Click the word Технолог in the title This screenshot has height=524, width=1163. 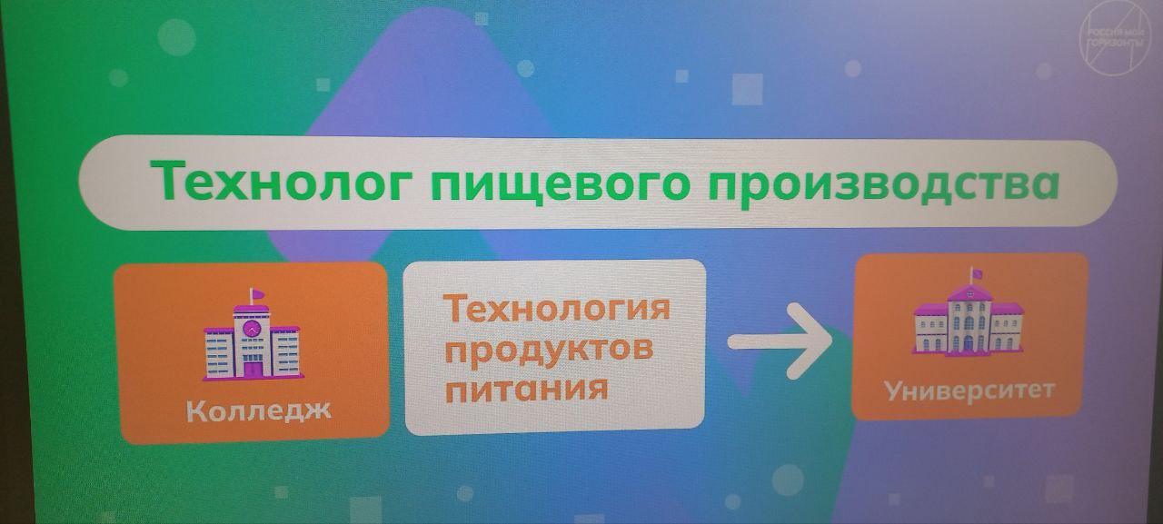pyautogui.click(x=281, y=181)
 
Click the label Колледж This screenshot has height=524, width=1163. pyautogui.click(x=258, y=410)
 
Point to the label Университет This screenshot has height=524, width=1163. pyautogui.click(x=969, y=391)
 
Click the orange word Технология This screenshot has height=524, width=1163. pyautogui.click(x=556, y=308)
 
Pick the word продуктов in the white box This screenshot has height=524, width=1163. pyautogui.click(x=549, y=351)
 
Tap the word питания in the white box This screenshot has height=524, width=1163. pyautogui.click(x=526, y=389)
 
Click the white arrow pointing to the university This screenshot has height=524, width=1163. pyautogui.click(x=780, y=341)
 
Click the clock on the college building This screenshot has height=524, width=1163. pyautogui.click(x=252, y=328)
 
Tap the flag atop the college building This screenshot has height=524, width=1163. pyautogui.click(x=256, y=294)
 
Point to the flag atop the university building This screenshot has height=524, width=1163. pyautogui.click(x=976, y=273)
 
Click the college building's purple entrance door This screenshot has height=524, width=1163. pyautogui.click(x=253, y=369)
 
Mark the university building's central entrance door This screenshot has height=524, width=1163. pyautogui.click(x=968, y=343)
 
